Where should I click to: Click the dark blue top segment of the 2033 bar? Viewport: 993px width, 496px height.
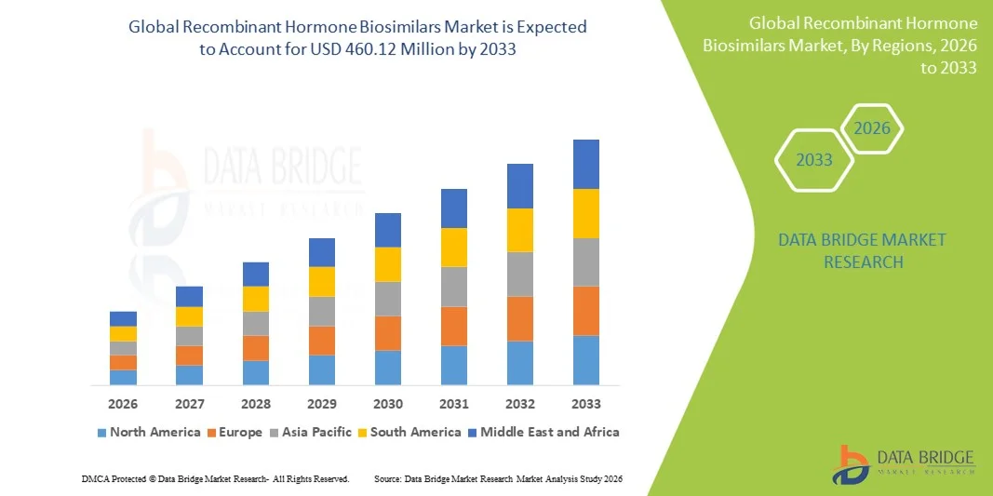586,164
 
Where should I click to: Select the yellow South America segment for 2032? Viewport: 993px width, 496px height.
520,230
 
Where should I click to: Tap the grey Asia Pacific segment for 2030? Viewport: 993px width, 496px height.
388,299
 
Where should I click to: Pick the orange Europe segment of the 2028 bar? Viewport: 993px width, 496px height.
256,348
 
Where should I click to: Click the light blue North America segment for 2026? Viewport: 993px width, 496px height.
123,377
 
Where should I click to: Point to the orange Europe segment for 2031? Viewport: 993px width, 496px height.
454,326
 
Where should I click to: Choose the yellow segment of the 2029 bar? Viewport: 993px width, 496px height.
322,281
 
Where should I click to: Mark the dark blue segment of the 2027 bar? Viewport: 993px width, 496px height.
189,296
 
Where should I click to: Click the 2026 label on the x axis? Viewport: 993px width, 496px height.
123,404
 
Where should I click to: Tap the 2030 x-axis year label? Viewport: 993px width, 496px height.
388,404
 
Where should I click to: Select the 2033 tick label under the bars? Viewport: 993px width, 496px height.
586,404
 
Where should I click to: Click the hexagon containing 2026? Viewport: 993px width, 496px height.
872,128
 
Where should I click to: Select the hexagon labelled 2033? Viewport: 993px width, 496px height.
814,160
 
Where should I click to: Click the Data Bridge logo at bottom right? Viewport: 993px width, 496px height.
904,462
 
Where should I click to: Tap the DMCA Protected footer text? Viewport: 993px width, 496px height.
215,478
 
